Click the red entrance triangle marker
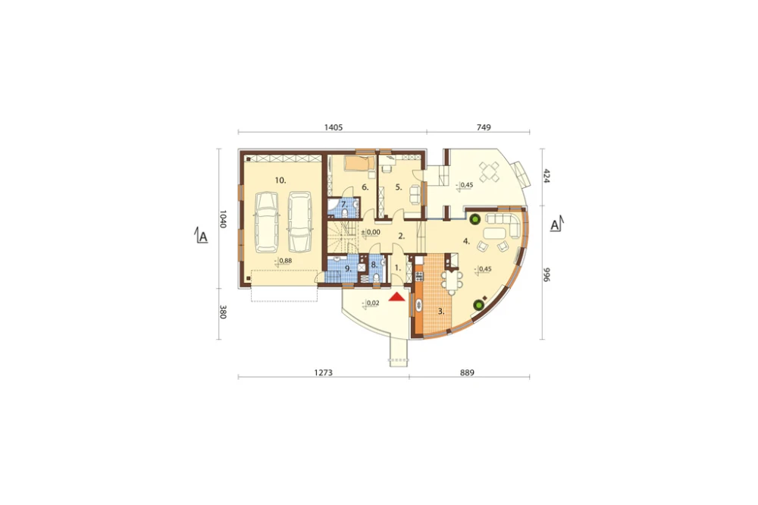click(397, 297)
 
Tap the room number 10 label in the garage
click(280, 180)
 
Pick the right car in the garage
click(299, 222)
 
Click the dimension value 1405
click(334, 127)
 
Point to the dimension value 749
click(484, 127)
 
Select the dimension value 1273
click(324, 372)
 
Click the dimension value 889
click(467, 372)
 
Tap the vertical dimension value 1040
click(223, 219)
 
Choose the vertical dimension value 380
click(223, 312)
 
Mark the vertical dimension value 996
click(547, 274)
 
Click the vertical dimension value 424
click(547, 176)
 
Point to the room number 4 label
click(466, 241)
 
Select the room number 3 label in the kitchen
click(441, 312)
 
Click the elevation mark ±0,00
click(371, 232)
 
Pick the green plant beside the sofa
click(475, 219)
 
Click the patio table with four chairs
click(489, 171)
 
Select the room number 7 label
click(344, 205)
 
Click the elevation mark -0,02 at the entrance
click(371, 303)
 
